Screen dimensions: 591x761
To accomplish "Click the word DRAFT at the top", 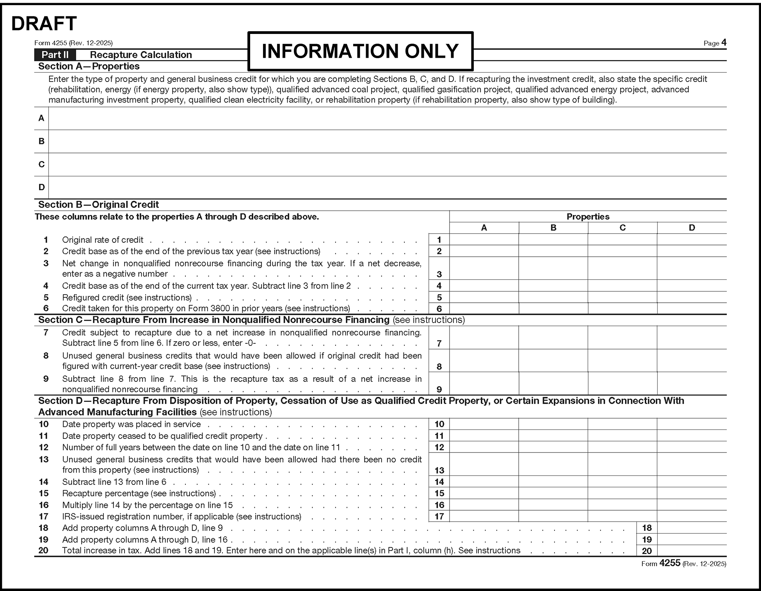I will (44, 24).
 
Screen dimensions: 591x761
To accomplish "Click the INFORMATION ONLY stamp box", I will (360, 51).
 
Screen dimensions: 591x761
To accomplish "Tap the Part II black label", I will (55, 55).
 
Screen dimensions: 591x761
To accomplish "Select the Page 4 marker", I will (715, 43).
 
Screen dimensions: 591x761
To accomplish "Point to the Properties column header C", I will (622, 228).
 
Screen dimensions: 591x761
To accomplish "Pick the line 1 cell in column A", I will (484, 240).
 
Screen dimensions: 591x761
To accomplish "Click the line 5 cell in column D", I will (692, 297).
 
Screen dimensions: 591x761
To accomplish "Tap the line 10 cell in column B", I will (553, 424).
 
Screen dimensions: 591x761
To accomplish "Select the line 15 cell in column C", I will (622, 493).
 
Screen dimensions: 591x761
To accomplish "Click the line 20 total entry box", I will (692, 550).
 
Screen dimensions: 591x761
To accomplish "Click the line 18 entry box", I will (692, 528).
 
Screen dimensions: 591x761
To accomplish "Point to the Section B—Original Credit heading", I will (98, 205).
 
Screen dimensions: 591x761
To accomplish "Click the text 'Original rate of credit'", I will (103, 240).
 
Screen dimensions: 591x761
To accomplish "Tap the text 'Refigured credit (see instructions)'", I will (127, 298).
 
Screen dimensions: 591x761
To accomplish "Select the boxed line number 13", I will (439, 470).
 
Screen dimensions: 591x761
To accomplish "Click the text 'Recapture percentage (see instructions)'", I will (139, 493).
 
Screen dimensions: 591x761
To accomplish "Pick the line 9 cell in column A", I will (484, 384).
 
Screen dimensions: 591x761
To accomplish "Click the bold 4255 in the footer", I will (670, 563).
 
